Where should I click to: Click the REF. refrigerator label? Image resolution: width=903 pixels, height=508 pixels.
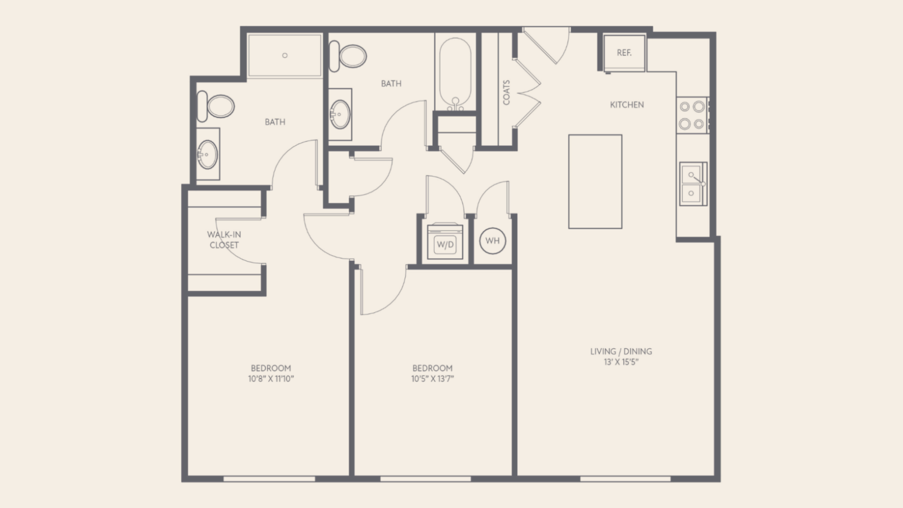point(624,52)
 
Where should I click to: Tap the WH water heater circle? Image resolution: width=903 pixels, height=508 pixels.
point(492,240)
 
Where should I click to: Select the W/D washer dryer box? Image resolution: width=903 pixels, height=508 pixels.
point(445,244)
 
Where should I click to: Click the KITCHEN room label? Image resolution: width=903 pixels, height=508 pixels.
point(626,104)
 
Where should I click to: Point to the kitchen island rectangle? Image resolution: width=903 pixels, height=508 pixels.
point(595,181)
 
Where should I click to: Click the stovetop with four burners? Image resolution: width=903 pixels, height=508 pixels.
point(692,115)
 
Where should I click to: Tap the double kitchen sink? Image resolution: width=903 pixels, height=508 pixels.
point(692,183)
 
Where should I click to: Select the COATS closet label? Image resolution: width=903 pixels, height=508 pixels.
point(506,92)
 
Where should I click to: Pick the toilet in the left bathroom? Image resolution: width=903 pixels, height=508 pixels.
point(217,106)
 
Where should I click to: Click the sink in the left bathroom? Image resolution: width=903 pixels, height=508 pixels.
point(208,153)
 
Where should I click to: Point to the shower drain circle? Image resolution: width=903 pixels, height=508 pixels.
point(284,55)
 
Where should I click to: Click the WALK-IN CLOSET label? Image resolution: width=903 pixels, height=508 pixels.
point(224,239)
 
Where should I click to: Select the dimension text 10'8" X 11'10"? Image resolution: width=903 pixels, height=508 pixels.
point(271,379)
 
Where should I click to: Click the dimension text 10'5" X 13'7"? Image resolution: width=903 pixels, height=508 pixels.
point(432,379)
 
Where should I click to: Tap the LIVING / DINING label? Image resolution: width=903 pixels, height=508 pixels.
point(621,351)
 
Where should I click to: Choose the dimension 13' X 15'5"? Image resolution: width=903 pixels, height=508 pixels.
point(621,362)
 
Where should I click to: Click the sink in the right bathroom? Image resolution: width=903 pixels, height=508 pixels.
point(340,113)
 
